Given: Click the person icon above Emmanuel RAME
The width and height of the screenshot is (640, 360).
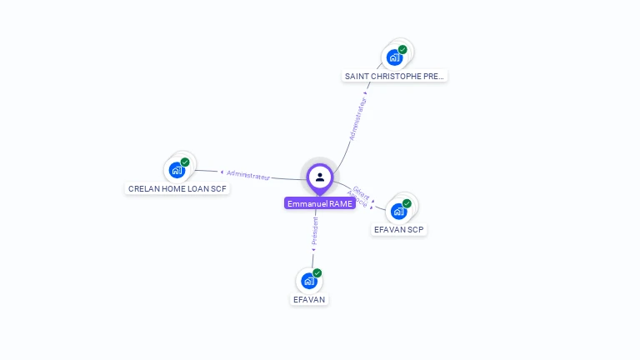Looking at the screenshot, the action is (320, 177).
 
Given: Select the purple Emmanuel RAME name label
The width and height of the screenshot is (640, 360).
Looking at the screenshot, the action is (320, 203).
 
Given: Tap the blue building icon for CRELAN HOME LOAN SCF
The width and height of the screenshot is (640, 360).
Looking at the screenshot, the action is (177, 170).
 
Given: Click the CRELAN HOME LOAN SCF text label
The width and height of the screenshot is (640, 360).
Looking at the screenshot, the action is (177, 188).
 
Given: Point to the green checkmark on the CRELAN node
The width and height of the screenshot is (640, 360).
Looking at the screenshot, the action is (185, 162).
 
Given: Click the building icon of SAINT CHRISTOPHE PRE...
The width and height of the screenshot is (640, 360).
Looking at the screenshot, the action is (394, 57).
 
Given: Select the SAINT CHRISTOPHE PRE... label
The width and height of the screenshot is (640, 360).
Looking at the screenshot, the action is (395, 76).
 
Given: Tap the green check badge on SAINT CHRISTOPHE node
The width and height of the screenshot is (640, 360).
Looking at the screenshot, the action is (402, 50).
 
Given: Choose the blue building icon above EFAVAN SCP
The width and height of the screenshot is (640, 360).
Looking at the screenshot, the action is (398, 211).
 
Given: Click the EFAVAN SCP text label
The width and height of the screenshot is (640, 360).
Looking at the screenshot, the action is (399, 229).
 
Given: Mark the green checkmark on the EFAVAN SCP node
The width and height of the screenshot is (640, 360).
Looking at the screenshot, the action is (407, 203).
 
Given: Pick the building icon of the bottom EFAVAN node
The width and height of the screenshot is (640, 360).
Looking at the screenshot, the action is (309, 281).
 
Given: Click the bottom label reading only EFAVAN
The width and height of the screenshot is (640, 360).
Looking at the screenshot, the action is (310, 299).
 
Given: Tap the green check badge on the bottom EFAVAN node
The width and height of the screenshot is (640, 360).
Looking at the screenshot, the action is (317, 273).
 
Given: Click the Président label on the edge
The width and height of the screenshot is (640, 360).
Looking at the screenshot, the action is (315, 232).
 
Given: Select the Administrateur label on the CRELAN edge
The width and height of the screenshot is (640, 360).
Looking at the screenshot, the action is (248, 175).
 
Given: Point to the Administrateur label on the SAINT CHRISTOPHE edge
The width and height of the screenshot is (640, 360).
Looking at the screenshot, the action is (357, 119).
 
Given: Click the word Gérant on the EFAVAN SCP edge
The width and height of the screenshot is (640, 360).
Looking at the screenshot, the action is (361, 191).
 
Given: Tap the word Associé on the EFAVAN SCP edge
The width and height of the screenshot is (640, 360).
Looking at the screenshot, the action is (357, 199).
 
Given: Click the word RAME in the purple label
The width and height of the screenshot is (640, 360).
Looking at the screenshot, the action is (341, 203).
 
